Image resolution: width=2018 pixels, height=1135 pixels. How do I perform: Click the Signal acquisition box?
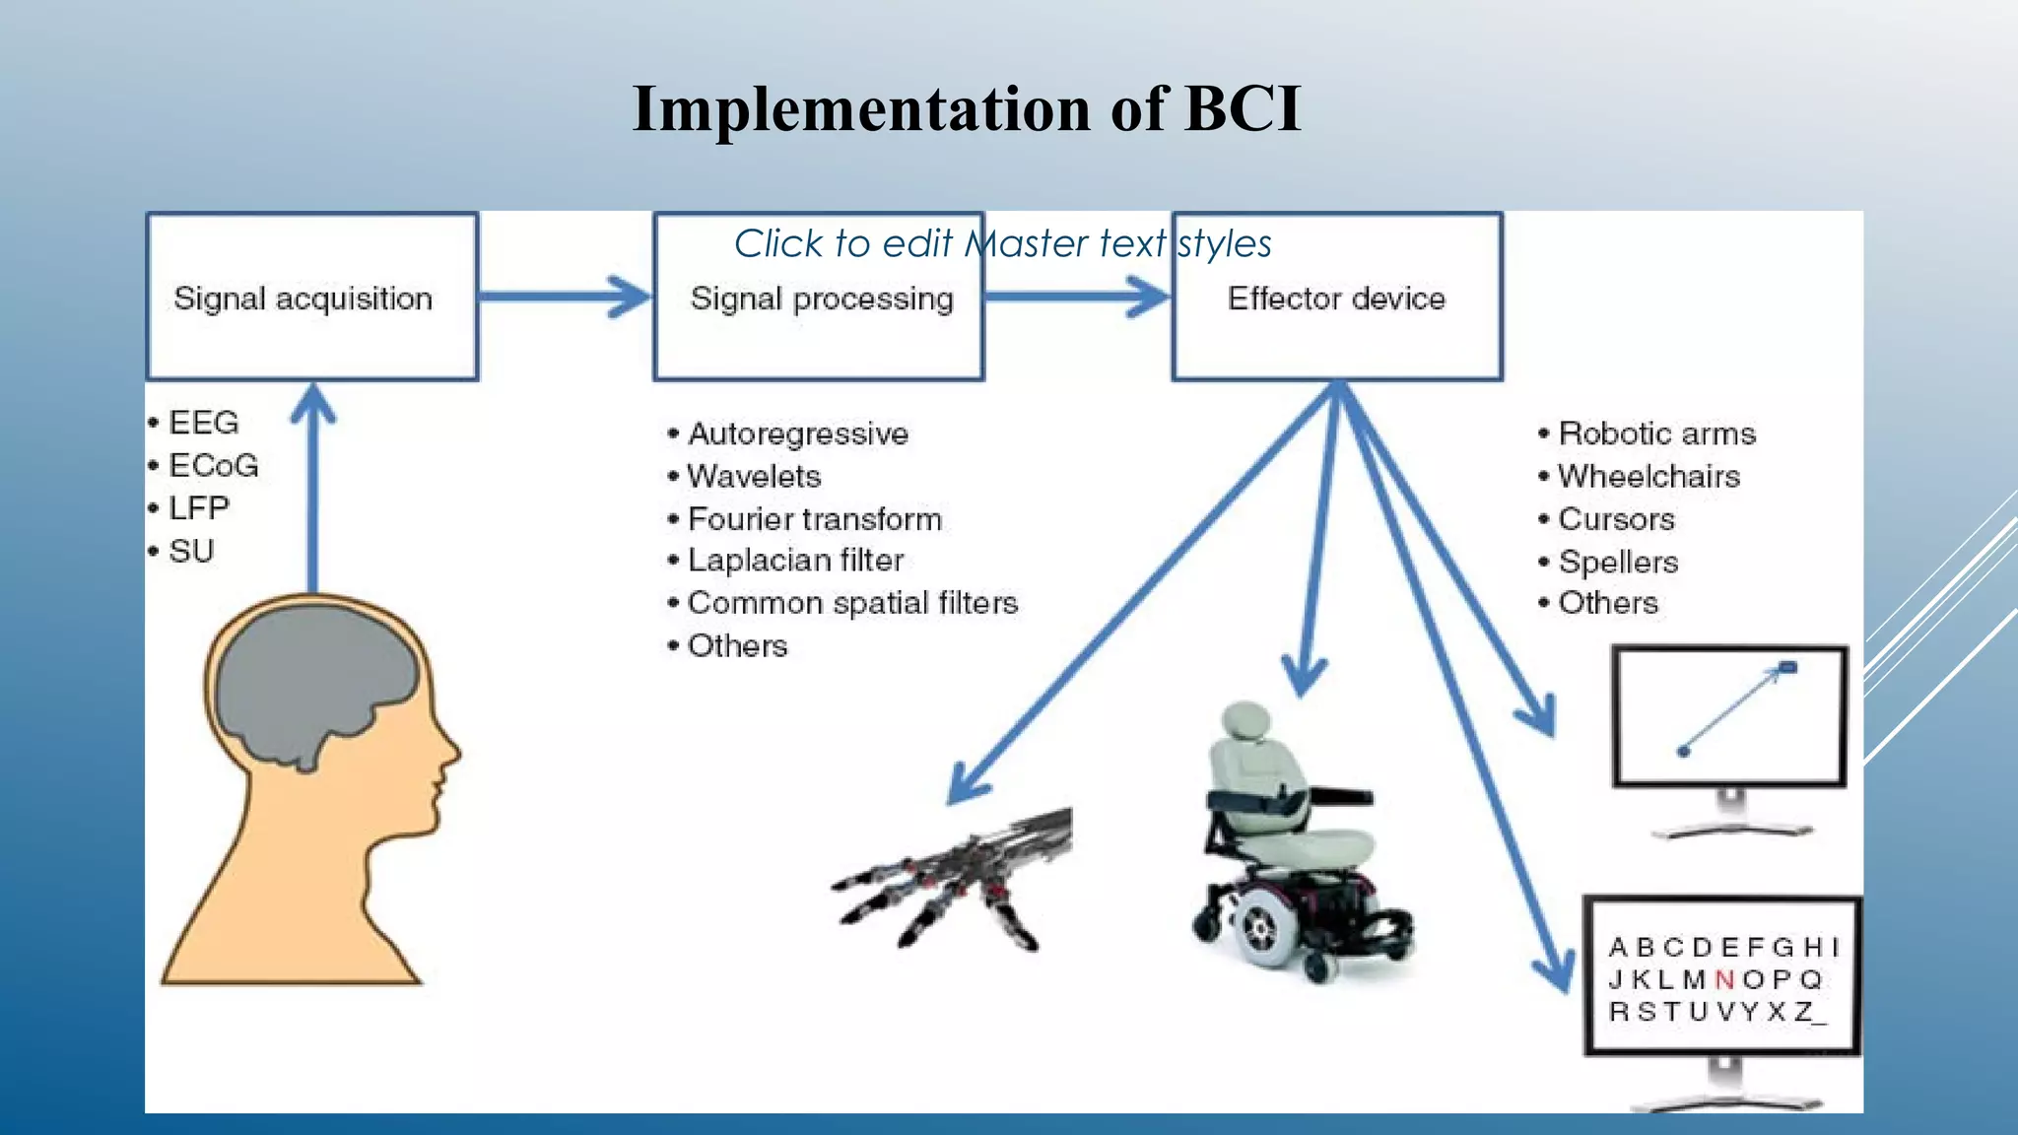click(x=311, y=297)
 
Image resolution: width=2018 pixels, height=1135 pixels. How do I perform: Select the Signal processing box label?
click(x=822, y=299)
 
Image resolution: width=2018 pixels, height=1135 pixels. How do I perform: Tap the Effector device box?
click(x=1336, y=299)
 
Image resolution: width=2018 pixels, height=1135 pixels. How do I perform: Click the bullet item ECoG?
click(x=213, y=465)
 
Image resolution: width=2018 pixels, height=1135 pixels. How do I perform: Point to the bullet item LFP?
click(x=198, y=508)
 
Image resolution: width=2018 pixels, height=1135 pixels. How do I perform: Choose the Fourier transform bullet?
click(x=814, y=519)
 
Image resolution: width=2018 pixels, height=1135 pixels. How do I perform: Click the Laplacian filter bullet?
click(x=795, y=561)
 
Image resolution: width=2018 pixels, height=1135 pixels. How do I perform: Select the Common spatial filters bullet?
click(x=852, y=603)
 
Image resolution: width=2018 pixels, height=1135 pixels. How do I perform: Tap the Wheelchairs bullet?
click(x=1648, y=477)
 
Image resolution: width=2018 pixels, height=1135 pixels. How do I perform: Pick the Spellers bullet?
click(x=1618, y=563)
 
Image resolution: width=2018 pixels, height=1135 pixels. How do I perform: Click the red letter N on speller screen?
click(x=1724, y=979)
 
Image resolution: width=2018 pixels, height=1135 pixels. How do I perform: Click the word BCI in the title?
click(x=1242, y=108)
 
